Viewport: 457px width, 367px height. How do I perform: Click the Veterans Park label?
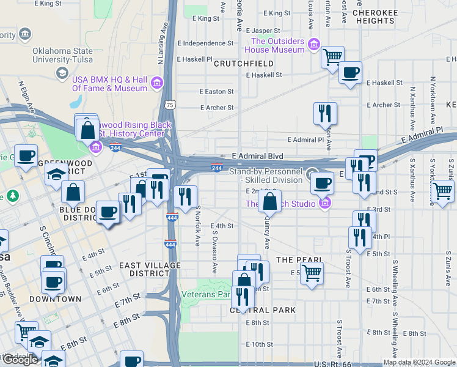tap(206, 294)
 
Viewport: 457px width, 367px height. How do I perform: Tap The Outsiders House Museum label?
tap(277, 45)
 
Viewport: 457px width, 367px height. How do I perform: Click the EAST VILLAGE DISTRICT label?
tap(150, 269)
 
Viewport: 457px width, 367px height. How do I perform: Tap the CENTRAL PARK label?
tap(263, 310)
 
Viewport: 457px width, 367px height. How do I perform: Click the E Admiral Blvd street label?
tap(258, 156)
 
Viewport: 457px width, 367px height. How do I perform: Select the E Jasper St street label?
tap(264, 31)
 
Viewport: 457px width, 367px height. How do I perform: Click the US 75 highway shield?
tap(170, 105)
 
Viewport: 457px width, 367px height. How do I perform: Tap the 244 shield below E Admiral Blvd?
tap(216, 168)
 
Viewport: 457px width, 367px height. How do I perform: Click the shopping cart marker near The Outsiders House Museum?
tap(332, 57)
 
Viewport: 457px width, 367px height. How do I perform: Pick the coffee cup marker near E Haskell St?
tap(351, 73)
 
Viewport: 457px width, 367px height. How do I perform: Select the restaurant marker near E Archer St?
tap(325, 113)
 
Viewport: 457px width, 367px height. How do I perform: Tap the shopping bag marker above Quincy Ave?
tap(269, 201)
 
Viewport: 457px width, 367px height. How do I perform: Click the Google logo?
tap(20, 360)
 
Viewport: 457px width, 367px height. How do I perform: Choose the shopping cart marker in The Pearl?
tap(312, 273)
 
